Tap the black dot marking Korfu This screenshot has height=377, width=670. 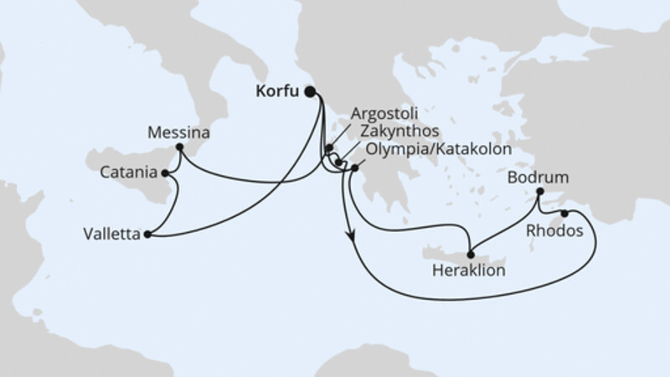tap(311, 92)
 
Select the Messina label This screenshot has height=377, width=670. tap(178, 132)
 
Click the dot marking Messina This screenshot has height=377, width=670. tap(179, 148)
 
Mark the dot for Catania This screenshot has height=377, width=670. tap(165, 173)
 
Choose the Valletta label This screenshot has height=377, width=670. tap(112, 235)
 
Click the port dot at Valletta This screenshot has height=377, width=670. tap(147, 235)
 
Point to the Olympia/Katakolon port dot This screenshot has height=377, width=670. tap(355, 168)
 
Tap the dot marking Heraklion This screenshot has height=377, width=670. tap(471, 256)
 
